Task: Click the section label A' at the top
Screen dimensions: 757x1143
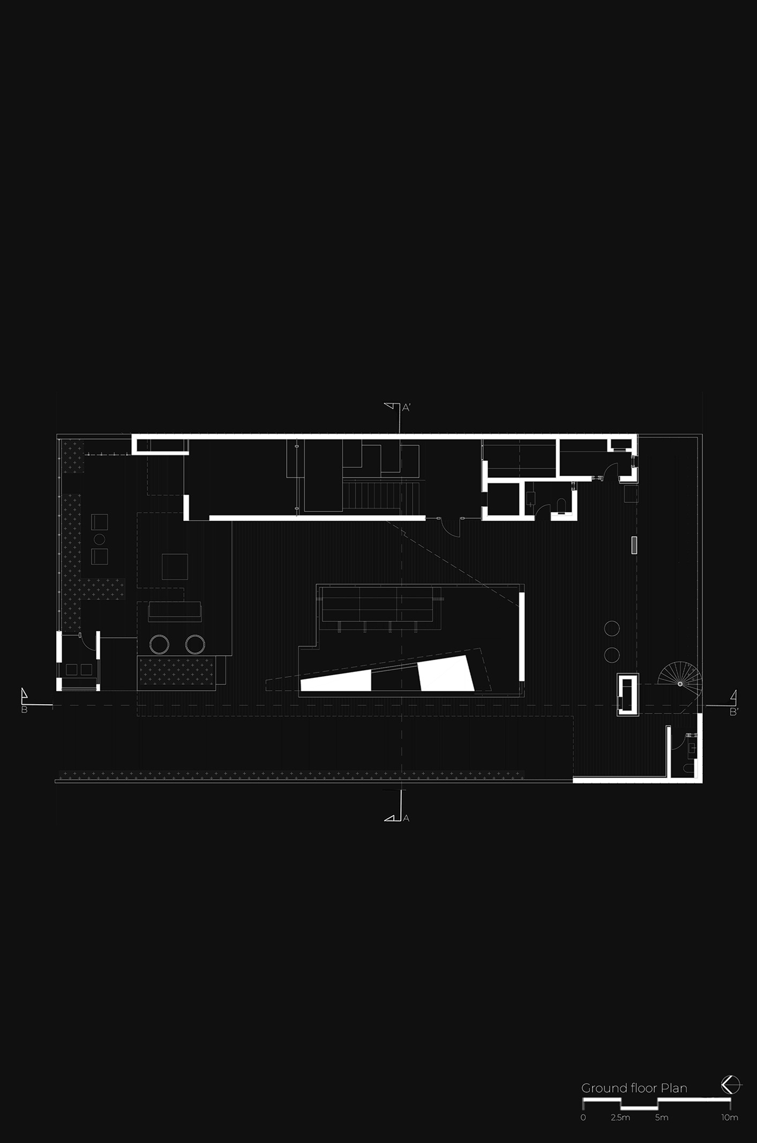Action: (406, 408)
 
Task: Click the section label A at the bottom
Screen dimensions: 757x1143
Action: (406, 818)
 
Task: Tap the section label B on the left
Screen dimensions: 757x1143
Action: (24, 710)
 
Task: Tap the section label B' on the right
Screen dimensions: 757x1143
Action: (734, 712)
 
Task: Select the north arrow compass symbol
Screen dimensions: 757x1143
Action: (731, 1085)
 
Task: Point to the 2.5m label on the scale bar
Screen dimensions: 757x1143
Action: (620, 1118)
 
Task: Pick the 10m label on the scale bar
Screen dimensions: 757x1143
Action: (730, 1118)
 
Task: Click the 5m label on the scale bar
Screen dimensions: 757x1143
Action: (662, 1118)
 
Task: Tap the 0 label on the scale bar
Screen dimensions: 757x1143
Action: (583, 1118)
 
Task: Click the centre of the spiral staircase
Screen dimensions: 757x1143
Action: (680, 684)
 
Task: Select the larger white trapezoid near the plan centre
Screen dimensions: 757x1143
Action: (446, 673)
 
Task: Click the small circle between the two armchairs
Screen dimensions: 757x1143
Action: (100, 539)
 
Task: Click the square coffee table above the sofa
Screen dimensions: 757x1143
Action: (175, 566)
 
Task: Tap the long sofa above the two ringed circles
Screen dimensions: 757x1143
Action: (175, 611)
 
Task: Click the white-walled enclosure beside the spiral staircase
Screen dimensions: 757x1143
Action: (627, 694)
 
